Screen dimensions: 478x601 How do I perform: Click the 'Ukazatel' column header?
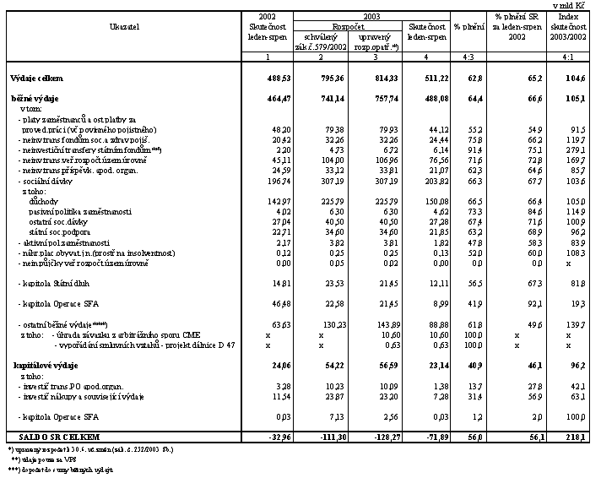click(x=124, y=27)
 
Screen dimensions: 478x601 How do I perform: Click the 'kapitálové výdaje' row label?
click(x=48, y=365)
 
